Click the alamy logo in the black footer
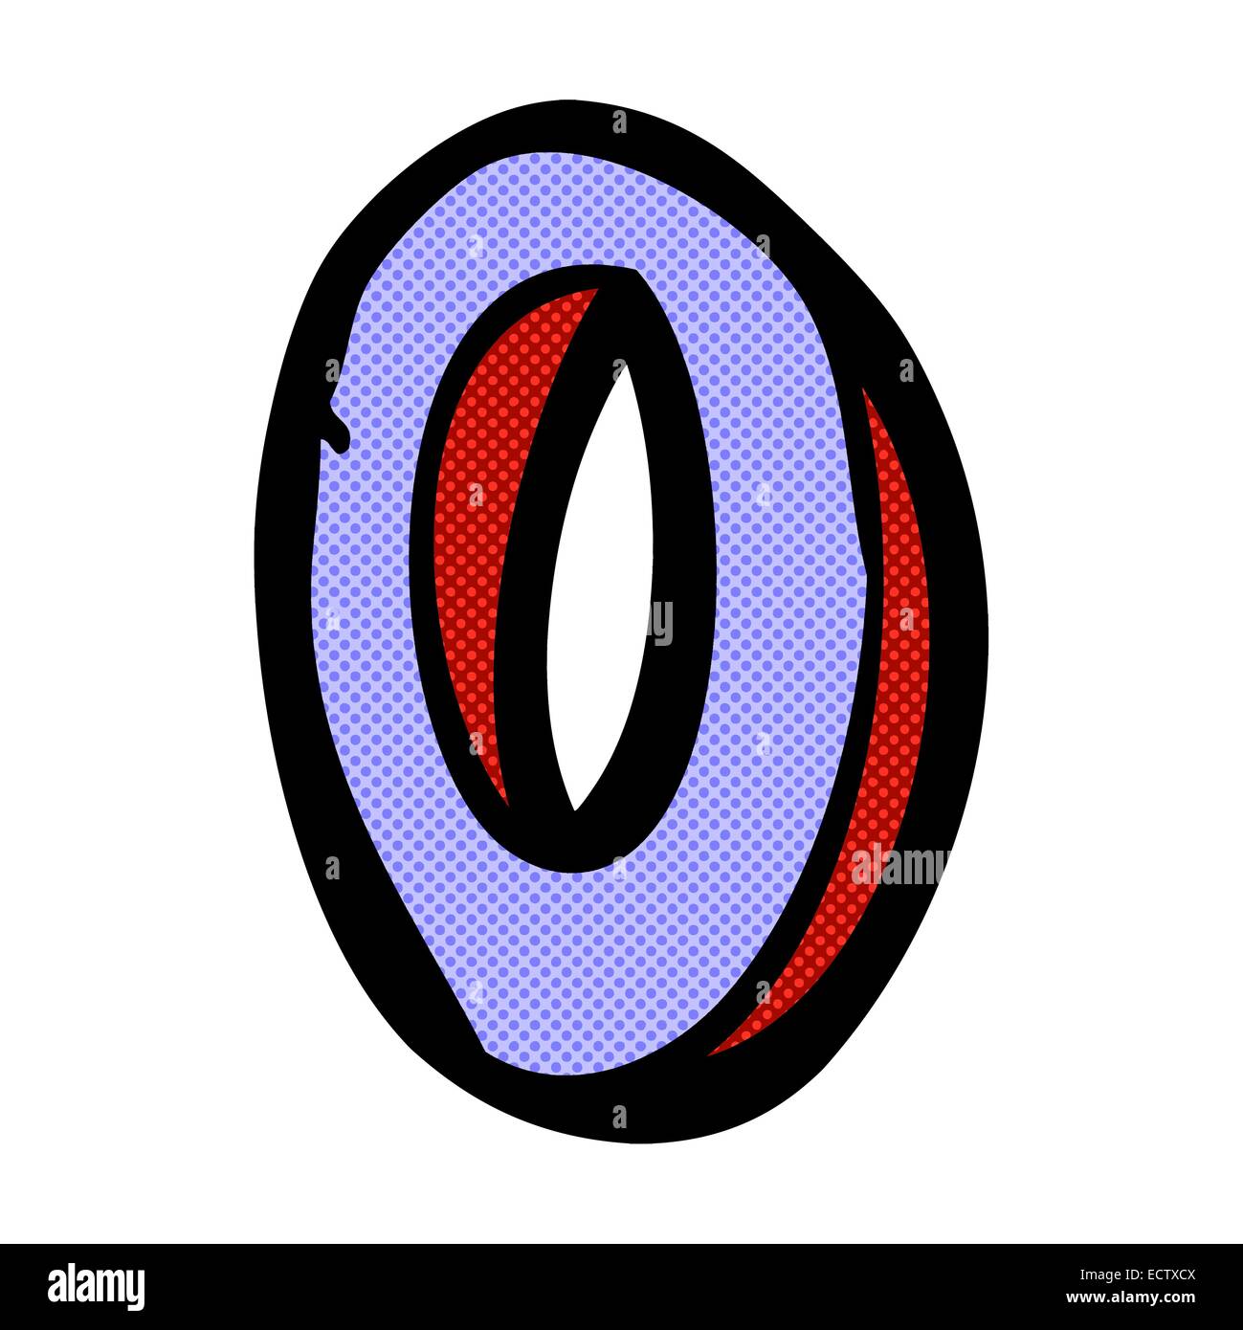(96, 1286)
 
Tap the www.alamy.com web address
(1130, 1297)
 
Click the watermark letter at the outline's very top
(619, 122)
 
